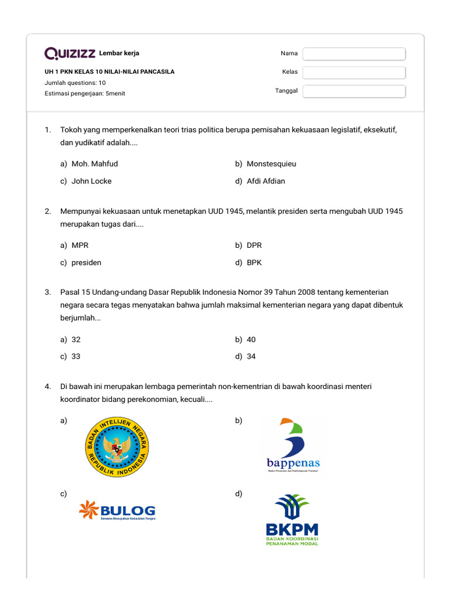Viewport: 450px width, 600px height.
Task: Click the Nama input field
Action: [354, 54]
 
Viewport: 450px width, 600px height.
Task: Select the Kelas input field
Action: [354, 73]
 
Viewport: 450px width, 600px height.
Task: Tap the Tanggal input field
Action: [354, 91]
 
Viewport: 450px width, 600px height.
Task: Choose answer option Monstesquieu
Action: [271, 164]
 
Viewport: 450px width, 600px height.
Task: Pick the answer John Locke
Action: [91, 181]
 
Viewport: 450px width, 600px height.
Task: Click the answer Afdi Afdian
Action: [265, 181]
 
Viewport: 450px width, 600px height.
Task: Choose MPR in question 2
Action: [80, 246]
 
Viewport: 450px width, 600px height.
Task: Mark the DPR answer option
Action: [254, 246]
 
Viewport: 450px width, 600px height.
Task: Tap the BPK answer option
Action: [254, 262]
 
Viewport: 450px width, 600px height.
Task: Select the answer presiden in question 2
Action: [86, 262]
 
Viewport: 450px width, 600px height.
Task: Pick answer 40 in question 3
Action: [251, 340]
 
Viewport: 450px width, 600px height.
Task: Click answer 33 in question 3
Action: [76, 357]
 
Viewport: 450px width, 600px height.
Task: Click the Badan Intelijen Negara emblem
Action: [117, 447]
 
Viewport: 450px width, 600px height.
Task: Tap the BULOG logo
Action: [117, 510]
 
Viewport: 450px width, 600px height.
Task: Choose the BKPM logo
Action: [292, 520]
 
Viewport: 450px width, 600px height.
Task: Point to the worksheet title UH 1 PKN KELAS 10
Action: [110, 72]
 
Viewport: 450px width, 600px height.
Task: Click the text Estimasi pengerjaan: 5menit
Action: [85, 94]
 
